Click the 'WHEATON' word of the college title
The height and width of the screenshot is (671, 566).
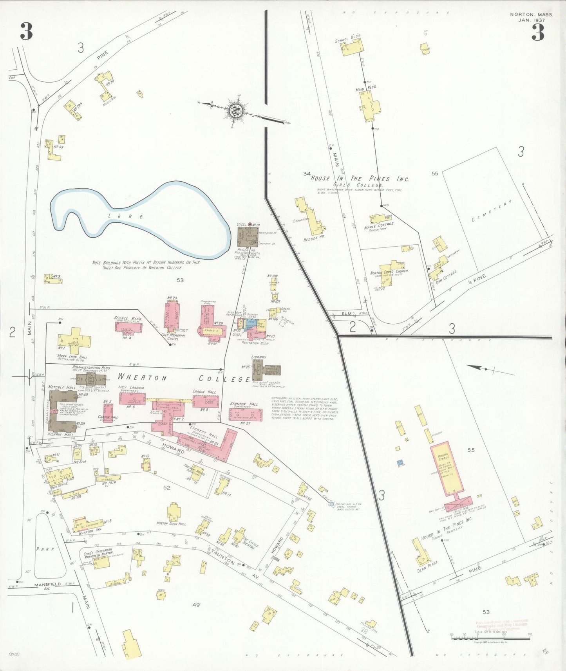click(x=143, y=378)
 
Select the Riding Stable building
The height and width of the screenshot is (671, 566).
click(x=446, y=468)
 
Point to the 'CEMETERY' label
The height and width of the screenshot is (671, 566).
click(x=492, y=211)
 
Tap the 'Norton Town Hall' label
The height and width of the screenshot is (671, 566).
click(x=171, y=523)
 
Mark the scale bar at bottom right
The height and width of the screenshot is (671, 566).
click(x=490, y=638)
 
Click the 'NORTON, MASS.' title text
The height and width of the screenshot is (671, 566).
click(x=532, y=14)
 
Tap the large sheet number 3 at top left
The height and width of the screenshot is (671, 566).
click(x=26, y=32)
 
